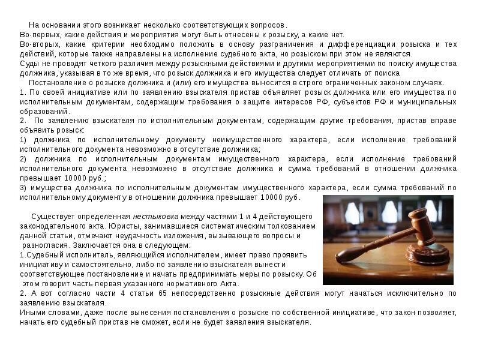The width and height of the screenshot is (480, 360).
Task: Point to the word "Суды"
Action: point(29,63)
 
